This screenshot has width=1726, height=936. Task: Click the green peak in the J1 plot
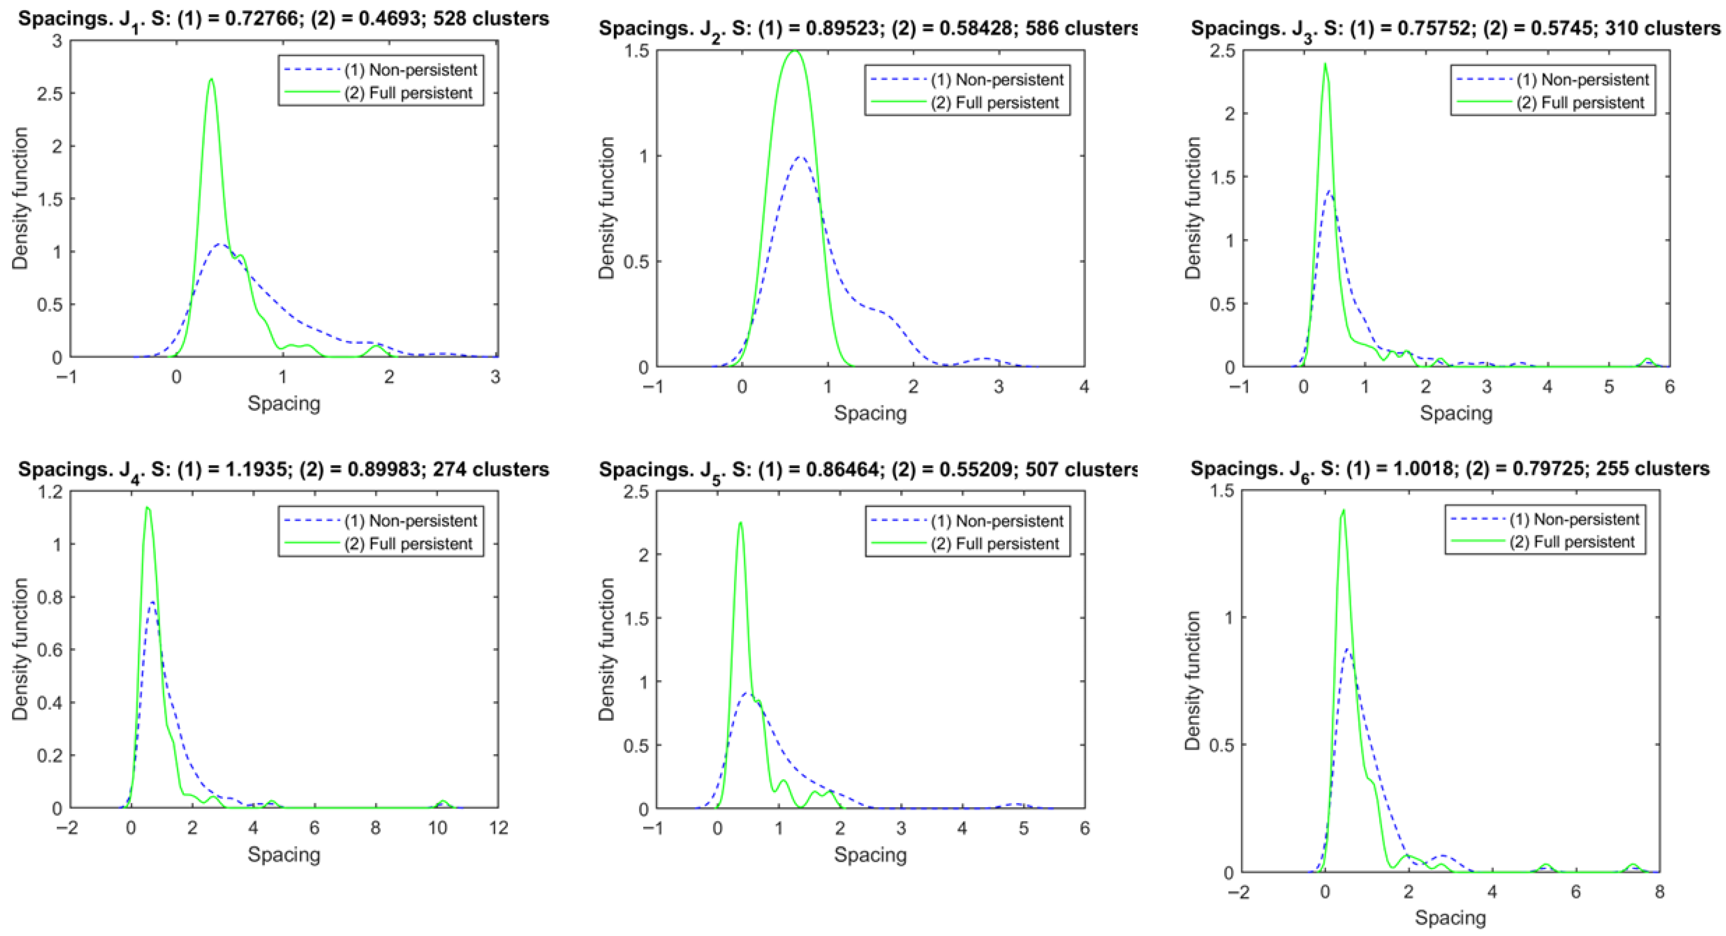[x=211, y=80]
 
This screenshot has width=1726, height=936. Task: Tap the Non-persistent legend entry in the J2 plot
[x=996, y=80]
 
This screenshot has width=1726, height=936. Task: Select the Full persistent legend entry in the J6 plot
[x=1572, y=542]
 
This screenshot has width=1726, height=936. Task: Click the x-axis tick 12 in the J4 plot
[x=497, y=828]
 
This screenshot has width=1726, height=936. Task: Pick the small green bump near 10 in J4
[x=442, y=802]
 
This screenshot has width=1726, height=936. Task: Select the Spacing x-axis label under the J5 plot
[x=870, y=855]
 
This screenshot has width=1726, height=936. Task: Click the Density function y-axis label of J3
[x=1193, y=208]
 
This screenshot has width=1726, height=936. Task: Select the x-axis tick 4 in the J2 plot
[x=1083, y=387]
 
